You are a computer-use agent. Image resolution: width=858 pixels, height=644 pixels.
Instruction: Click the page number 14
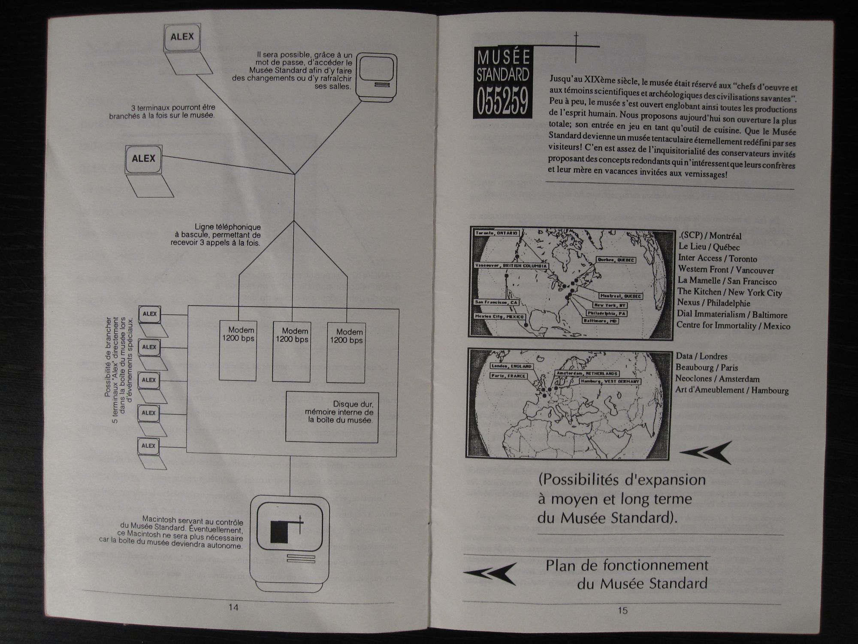[233, 608]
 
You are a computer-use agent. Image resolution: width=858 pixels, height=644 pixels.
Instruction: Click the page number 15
[622, 610]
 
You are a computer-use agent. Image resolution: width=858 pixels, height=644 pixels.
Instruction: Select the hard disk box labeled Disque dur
[332, 416]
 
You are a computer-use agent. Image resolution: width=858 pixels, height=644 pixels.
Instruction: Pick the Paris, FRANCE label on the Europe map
[508, 376]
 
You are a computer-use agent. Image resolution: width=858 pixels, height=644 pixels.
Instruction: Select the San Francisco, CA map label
[496, 302]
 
